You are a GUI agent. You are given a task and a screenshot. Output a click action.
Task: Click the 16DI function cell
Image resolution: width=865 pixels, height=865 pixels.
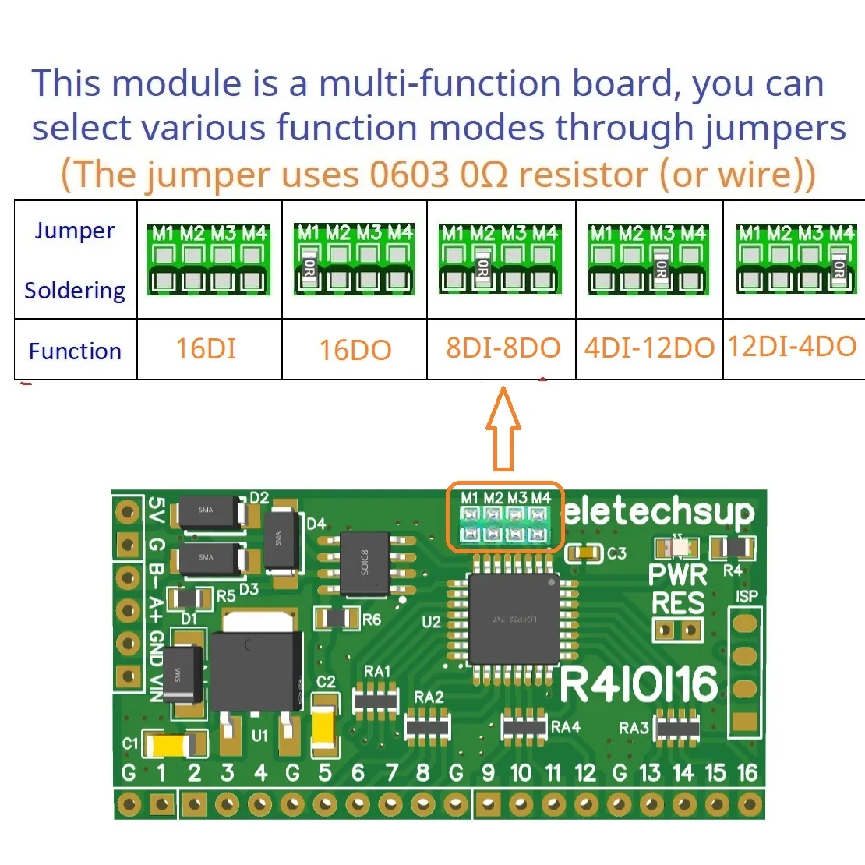[x=206, y=348]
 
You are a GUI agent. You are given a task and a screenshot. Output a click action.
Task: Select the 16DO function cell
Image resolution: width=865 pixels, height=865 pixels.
[x=355, y=350]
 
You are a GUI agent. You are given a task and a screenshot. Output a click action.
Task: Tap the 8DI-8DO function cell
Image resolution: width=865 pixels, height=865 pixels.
[x=503, y=348]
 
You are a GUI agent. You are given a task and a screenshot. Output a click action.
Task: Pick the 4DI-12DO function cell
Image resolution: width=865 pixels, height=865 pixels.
[x=649, y=348]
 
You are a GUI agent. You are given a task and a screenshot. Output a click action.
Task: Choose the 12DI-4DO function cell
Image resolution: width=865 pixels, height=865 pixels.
[x=793, y=346]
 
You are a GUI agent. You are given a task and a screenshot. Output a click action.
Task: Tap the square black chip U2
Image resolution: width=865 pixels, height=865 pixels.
[x=513, y=620]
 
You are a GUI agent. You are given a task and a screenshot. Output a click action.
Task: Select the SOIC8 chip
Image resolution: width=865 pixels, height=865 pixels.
[x=365, y=564]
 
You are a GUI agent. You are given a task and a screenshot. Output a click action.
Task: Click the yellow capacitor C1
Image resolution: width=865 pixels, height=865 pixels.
[x=169, y=746]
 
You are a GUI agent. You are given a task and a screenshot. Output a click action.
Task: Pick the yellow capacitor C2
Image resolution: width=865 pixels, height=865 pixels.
[x=323, y=729]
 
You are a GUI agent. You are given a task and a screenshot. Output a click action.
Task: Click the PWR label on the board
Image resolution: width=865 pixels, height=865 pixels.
[x=678, y=575]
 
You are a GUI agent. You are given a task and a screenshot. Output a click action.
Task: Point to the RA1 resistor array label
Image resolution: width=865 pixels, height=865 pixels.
[x=377, y=672]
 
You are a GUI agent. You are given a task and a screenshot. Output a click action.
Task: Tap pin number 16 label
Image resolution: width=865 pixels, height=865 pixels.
[x=747, y=773]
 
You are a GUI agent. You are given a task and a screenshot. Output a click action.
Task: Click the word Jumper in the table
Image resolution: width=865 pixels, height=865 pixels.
[x=75, y=231]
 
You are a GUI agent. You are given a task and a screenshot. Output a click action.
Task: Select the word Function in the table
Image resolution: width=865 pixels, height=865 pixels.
[x=75, y=351]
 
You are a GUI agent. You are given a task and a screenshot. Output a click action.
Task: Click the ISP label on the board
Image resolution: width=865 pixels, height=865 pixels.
[x=747, y=597]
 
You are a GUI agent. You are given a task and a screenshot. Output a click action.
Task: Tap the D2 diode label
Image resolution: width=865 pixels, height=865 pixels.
[x=259, y=498]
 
